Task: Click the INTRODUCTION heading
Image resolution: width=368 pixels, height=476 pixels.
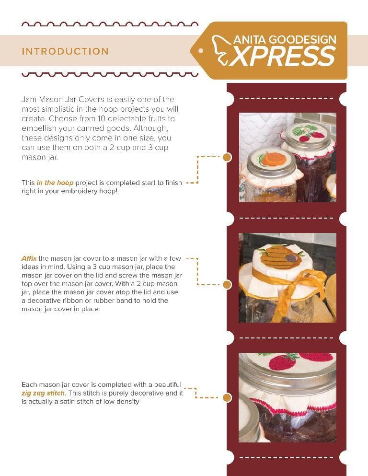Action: click(x=65, y=51)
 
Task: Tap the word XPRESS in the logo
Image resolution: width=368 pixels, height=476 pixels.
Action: click(x=283, y=57)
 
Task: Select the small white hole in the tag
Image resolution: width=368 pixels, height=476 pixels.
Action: click(x=201, y=51)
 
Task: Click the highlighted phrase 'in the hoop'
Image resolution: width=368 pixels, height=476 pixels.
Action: click(x=55, y=183)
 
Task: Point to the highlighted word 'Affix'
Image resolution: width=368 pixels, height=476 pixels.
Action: click(x=29, y=259)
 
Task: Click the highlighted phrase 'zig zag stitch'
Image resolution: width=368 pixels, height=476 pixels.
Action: click(x=43, y=393)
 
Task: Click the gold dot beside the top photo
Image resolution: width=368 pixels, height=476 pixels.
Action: click(x=227, y=157)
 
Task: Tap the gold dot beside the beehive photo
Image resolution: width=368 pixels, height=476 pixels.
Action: click(x=227, y=284)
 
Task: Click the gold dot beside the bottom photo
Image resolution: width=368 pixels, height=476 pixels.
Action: click(x=227, y=397)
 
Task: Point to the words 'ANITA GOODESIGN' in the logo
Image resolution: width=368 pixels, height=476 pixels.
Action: click(x=285, y=40)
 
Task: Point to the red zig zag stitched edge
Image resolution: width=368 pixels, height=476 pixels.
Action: click(x=294, y=408)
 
